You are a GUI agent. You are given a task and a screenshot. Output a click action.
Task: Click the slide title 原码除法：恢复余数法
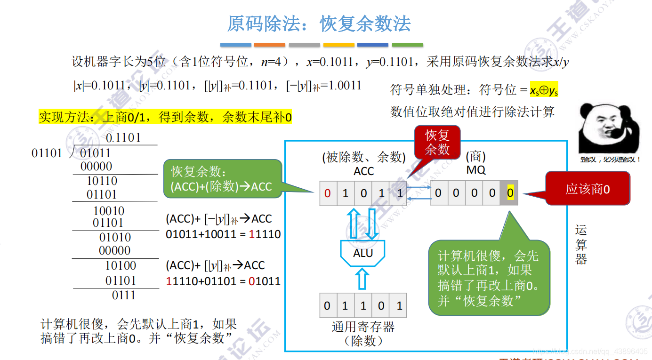point(319,24)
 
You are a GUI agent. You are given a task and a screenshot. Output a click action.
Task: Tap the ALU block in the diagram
point(363,254)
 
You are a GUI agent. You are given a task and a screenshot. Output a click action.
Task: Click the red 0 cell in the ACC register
point(328,193)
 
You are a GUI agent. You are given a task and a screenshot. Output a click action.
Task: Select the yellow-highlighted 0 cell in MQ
point(510,193)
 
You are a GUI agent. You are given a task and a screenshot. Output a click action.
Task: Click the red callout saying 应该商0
point(587,189)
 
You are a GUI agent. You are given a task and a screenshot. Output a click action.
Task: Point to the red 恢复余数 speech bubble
point(437,143)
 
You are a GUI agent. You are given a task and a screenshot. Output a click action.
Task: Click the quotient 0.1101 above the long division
point(123,138)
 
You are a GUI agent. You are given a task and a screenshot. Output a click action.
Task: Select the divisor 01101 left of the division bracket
point(47,153)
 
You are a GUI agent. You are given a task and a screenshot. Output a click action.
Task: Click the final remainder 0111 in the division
point(123,296)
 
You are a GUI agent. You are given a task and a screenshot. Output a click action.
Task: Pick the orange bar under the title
point(269,45)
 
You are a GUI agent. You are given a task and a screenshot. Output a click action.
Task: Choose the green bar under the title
point(407,45)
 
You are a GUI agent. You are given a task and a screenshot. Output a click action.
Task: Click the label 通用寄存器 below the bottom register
point(363,327)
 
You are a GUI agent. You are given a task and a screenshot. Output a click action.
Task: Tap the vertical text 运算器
point(581,245)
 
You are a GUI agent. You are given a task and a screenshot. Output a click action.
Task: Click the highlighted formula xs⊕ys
point(544,90)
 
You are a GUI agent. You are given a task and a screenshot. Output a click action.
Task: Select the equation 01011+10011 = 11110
point(223,234)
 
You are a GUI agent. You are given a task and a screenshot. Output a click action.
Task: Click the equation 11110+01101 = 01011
point(223,281)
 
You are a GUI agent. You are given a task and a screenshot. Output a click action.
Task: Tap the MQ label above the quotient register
point(475,169)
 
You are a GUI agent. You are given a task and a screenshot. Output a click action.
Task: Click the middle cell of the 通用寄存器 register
point(363,306)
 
